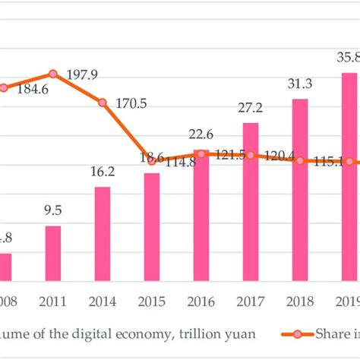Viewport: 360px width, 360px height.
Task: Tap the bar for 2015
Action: coord(152,227)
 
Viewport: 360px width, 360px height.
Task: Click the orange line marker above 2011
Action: coord(53,74)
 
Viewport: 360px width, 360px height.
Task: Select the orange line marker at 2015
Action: coord(152,160)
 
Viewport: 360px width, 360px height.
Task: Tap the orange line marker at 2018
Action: coord(300,160)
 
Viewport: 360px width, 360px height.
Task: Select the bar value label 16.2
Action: coord(103,173)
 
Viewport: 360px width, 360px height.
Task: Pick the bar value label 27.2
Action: coord(251,109)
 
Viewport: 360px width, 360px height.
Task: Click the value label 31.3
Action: coord(300,84)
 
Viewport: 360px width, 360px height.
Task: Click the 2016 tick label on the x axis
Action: coord(201,300)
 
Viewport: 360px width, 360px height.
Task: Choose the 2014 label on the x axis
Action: coord(103,300)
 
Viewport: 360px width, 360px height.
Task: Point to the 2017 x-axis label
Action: coord(251,300)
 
